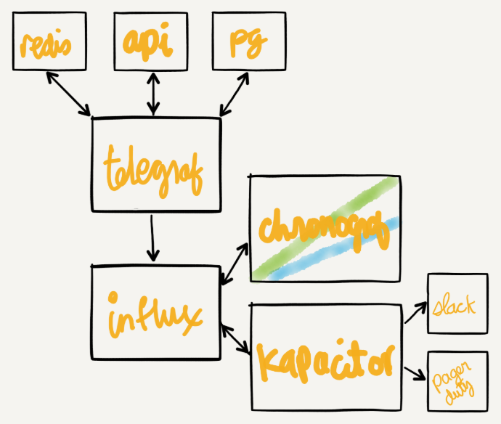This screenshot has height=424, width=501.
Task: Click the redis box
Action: pyautogui.click(x=45, y=44)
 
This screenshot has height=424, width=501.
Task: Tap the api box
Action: pyautogui.click(x=149, y=43)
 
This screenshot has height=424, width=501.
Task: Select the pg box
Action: pyautogui.click(x=240, y=44)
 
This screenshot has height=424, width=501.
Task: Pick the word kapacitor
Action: pyautogui.click(x=325, y=357)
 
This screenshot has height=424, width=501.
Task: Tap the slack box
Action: pyautogui.click(x=457, y=304)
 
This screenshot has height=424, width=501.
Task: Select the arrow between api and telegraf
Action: pyautogui.click(x=152, y=93)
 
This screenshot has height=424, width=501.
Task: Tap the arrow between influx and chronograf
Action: pyautogui.click(x=235, y=264)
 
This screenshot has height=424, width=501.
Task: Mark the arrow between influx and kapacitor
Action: pyautogui.click(x=235, y=339)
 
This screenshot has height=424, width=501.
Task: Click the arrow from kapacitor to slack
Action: pyautogui.click(x=415, y=313)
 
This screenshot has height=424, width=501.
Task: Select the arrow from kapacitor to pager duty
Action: pyautogui.click(x=414, y=372)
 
